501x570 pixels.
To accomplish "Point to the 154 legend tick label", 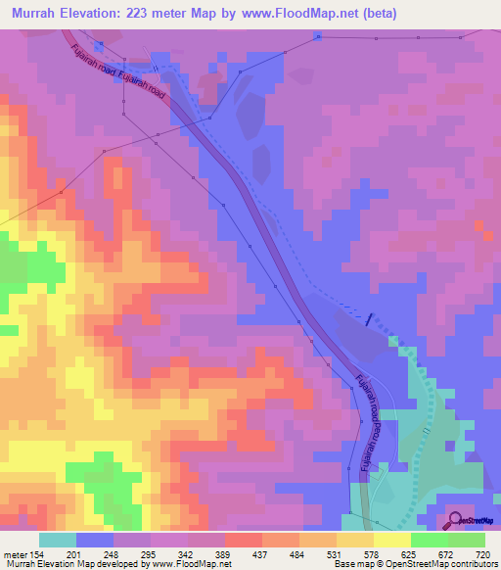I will click(x=37, y=553).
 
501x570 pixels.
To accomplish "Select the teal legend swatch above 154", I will click(x=57, y=540).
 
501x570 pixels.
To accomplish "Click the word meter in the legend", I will click(x=14, y=553).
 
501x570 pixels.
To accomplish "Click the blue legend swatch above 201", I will click(x=94, y=540).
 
